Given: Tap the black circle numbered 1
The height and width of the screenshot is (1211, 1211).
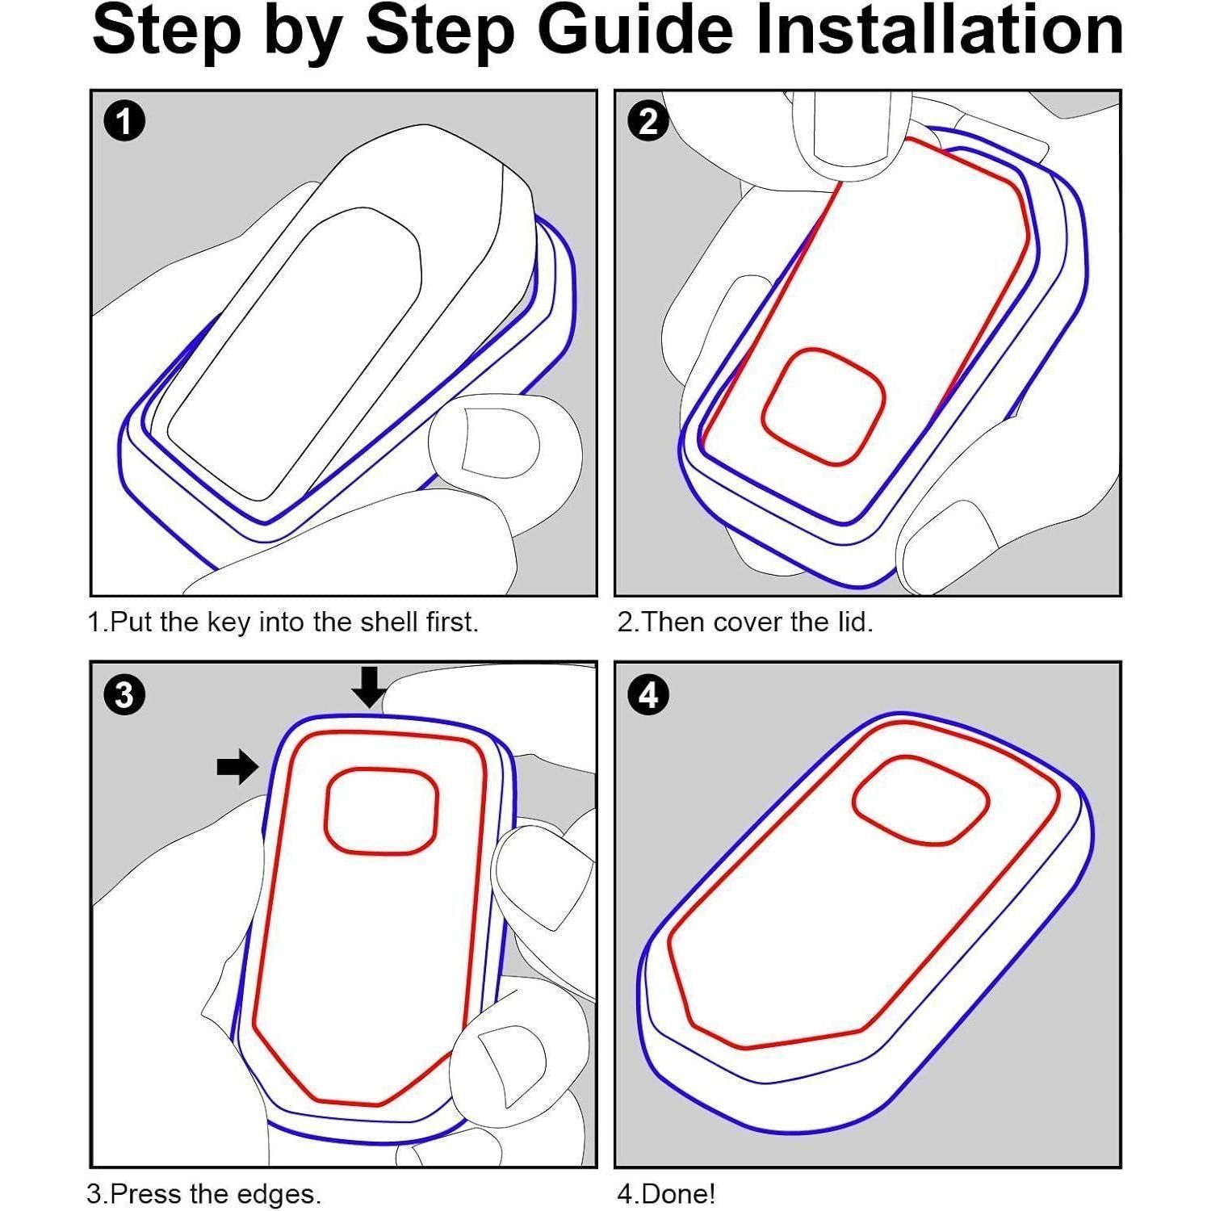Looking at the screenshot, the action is (125, 123).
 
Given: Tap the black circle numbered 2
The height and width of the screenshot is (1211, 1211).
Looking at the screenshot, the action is (649, 123).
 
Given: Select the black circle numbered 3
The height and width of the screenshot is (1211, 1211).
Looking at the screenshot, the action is (125, 694).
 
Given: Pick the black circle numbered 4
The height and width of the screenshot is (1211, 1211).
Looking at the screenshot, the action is (649, 694).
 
